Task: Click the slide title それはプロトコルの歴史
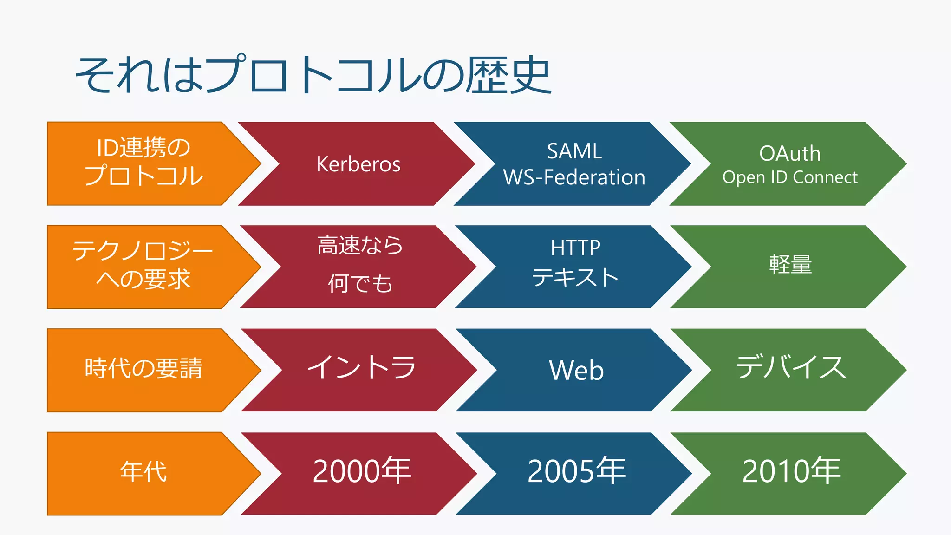tap(313, 75)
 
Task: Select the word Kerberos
tap(358, 164)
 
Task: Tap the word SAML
tap(574, 151)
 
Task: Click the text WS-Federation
tap(574, 177)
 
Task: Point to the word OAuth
tap(789, 154)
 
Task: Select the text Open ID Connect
tap(789, 177)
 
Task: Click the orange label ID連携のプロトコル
tap(143, 162)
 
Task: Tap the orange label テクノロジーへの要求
tap(143, 265)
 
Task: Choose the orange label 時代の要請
tap(143, 369)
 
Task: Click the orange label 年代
tap(143, 472)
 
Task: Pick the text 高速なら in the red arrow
tap(360, 245)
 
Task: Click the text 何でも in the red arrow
tap(360, 283)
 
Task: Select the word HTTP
tap(575, 248)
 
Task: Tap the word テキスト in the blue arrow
tap(575, 277)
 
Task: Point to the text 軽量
tap(790, 265)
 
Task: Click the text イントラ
tap(361, 367)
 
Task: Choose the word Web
tap(576, 371)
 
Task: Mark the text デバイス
tap(791, 367)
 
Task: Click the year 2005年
tap(576, 471)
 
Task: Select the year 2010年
tap(791, 471)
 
